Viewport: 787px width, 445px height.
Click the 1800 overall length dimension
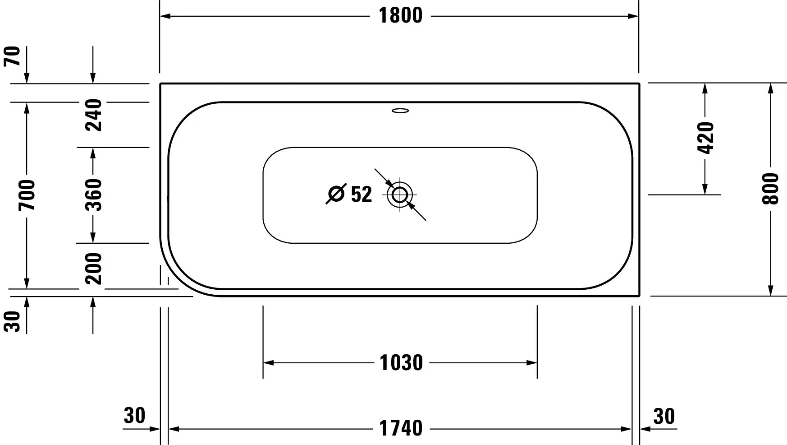pyautogui.click(x=400, y=16)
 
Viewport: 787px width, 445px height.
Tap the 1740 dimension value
pyautogui.click(x=401, y=428)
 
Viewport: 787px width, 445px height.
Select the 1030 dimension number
pyautogui.click(x=401, y=363)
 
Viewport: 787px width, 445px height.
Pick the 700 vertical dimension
pyautogui.click(x=27, y=195)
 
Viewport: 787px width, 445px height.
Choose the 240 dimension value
pyautogui.click(x=94, y=115)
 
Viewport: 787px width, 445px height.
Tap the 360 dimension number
pyautogui.click(x=94, y=195)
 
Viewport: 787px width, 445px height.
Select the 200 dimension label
pyautogui.click(x=94, y=269)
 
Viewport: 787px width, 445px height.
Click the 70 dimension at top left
pyautogui.click(x=13, y=56)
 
